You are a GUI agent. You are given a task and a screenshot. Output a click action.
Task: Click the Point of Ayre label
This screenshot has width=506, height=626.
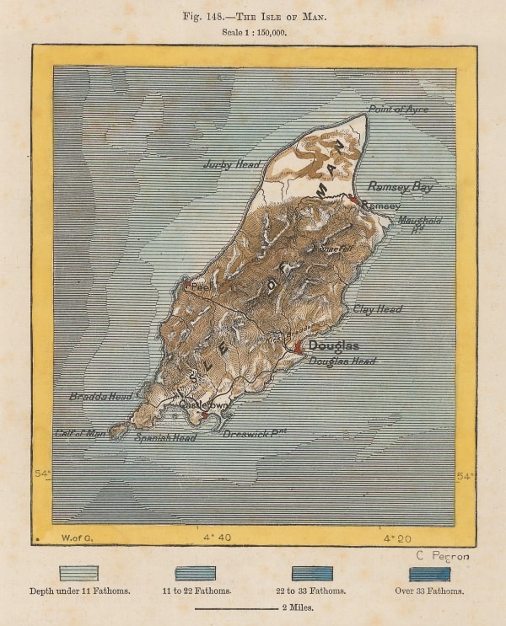coord(398,110)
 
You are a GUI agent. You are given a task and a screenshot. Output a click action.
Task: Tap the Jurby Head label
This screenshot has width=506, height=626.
coord(232,164)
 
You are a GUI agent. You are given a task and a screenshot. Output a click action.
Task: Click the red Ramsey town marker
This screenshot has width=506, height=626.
coord(355,201)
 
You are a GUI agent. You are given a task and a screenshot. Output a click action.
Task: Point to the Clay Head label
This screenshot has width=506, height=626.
coord(378,309)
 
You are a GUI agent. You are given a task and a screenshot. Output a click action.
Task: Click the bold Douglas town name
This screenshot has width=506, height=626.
coord(334,345)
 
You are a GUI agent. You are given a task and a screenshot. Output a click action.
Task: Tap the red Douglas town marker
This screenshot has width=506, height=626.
coord(298,346)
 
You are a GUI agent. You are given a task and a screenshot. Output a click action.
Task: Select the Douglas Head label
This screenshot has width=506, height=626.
coord(342,361)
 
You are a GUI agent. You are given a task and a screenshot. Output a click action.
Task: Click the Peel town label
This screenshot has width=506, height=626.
coord(201,287)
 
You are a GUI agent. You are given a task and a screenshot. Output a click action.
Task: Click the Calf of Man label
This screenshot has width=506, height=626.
coord(80,433)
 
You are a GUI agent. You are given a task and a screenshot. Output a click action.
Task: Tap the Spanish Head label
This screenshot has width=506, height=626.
coord(164,438)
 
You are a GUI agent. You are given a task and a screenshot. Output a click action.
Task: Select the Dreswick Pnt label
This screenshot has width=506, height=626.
coord(256,433)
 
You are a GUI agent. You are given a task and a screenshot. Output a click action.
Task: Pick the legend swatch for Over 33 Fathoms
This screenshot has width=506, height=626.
coord(429,574)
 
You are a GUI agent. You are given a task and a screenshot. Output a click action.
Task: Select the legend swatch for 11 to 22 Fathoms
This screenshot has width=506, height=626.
coord(196,574)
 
